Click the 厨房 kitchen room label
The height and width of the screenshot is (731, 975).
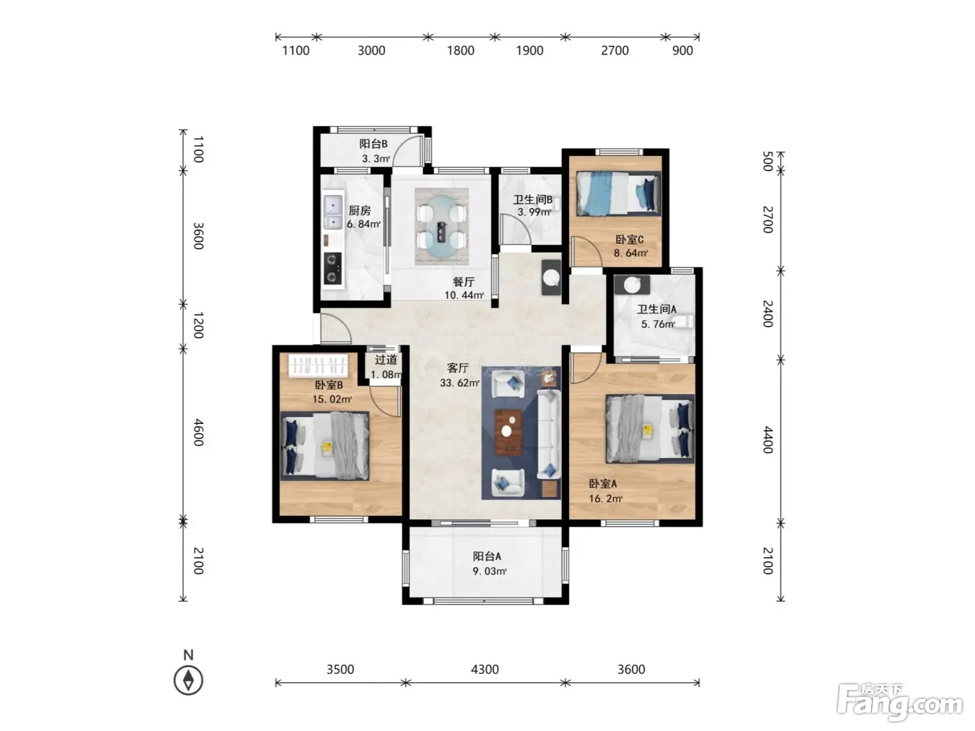359,210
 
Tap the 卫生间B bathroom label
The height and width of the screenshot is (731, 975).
533,199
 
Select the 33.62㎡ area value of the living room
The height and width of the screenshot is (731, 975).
459,382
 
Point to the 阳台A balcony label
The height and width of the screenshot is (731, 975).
487,556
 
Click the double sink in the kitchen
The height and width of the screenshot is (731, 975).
333,212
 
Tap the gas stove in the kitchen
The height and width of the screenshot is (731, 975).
332,268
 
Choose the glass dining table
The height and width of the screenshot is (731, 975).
442,226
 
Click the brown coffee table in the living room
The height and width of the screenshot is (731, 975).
508,432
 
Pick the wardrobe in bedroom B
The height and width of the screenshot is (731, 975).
318,365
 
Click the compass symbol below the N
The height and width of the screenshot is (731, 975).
188,680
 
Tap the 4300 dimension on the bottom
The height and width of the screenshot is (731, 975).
485,669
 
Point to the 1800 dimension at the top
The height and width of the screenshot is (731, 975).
460,50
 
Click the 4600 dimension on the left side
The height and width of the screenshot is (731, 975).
198,432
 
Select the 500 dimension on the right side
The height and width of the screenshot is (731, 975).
767,161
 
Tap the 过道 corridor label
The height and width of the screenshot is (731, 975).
385,359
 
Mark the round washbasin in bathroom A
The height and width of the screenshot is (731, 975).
632,285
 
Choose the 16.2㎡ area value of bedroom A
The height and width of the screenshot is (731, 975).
605,498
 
